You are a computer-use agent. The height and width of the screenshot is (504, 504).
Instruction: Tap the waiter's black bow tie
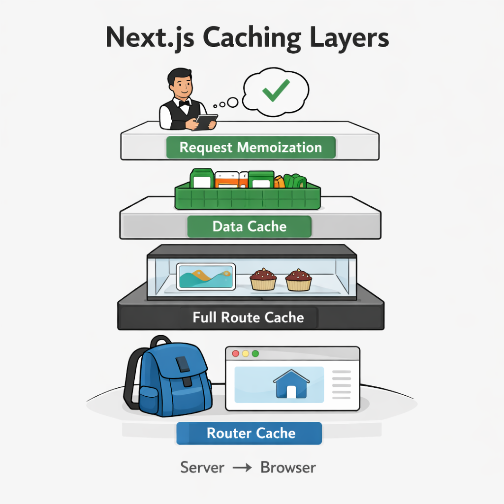(184, 103)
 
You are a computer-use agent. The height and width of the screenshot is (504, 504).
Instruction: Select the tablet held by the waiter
(206, 122)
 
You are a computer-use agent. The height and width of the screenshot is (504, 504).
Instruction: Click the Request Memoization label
(251, 148)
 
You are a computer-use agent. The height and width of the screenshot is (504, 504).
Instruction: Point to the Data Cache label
(250, 226)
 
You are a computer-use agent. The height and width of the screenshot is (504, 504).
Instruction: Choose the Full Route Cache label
(248, 317)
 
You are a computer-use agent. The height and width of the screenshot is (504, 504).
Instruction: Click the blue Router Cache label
(249, 433)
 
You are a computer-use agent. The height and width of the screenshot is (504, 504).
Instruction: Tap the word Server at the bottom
(202, 468)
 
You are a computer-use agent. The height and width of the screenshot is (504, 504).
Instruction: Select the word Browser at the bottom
(288, 468)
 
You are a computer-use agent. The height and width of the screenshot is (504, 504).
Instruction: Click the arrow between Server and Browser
(242, 468)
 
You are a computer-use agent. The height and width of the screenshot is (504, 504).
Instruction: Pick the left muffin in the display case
(263, 280)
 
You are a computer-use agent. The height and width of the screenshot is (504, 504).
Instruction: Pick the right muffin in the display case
(299, 280)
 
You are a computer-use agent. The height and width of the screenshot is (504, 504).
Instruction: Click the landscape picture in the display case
(206, 277)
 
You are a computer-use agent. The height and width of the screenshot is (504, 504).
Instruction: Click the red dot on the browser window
(236, 353)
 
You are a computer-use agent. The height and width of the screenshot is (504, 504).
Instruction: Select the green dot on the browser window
(255, 353)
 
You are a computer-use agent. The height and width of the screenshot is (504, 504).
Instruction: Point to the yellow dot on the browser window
(246, 353)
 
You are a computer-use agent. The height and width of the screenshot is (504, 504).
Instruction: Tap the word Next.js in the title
(150, 38)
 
